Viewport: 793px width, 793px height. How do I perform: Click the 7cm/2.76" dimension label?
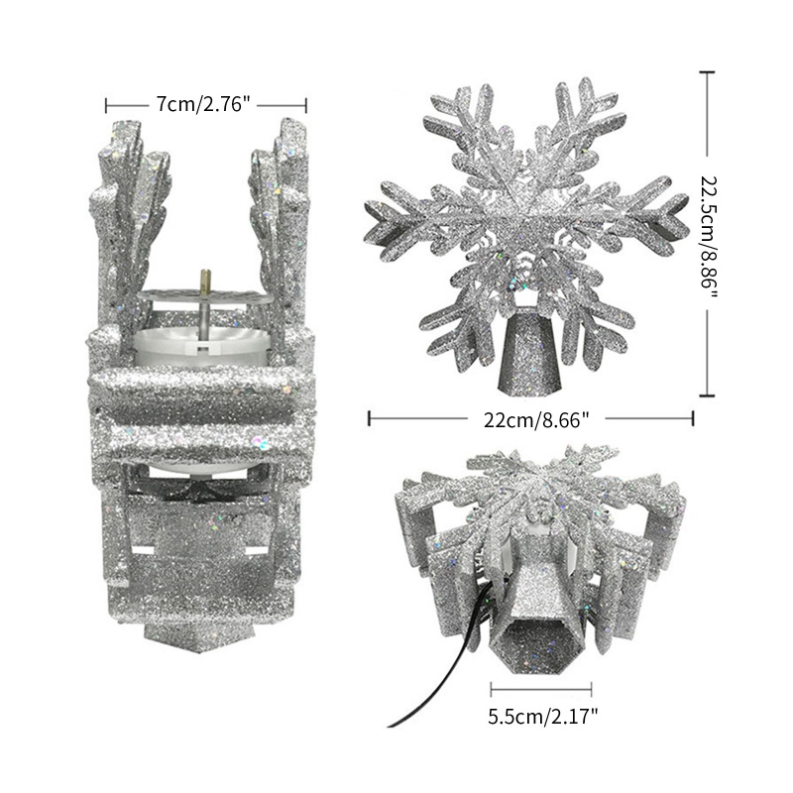tap(203, 105)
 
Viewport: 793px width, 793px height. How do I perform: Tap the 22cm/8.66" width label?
tap(536, 419)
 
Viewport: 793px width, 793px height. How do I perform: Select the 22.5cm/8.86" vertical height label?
tap(710, 232)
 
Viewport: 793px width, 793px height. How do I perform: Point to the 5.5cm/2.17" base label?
tap(542, 716)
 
